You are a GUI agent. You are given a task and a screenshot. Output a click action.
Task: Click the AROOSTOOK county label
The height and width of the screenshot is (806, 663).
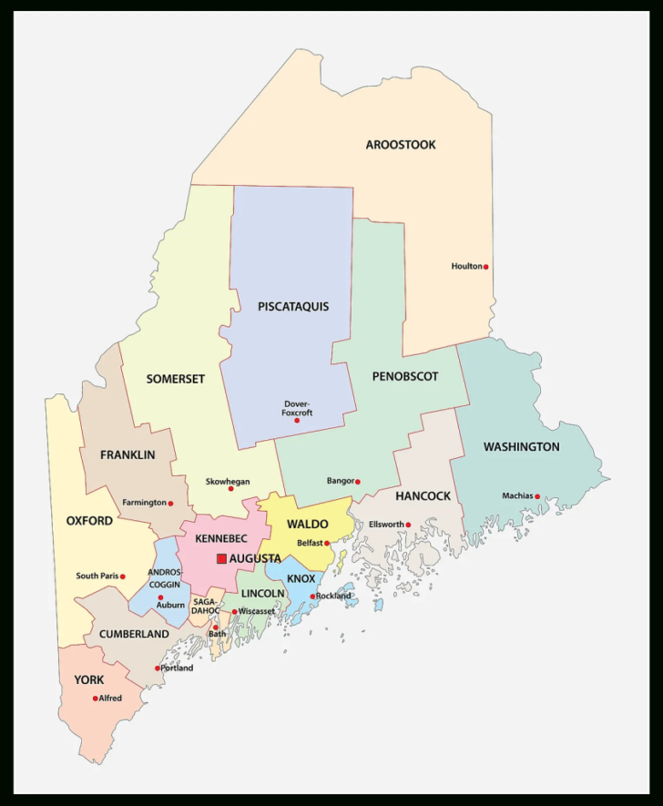pos(401,145)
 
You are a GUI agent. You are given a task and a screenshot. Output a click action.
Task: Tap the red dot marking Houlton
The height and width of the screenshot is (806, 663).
pos(486,267)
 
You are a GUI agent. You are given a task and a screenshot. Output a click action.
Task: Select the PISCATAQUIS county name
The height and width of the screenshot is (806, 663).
pos(293,307)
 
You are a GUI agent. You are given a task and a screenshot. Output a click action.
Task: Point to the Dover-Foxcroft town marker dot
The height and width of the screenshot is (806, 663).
pos(297,421)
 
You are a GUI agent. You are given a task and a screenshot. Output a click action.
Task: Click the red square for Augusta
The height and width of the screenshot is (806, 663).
pos(221,558)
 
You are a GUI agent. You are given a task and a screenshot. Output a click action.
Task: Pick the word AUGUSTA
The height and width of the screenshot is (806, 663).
pos(255,558)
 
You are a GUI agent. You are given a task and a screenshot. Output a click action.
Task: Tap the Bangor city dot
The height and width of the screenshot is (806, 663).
pos(358,482)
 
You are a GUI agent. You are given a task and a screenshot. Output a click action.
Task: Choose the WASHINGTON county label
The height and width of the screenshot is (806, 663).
pos(521,447)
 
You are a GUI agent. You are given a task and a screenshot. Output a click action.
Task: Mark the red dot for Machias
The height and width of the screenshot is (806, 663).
pos(537,496)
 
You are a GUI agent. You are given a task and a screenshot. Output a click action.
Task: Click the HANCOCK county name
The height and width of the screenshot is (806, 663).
pos(423,496)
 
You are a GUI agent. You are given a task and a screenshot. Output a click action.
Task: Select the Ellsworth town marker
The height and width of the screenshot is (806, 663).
pos(409,525)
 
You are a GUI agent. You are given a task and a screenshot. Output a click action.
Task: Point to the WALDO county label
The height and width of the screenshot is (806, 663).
pos(307,525)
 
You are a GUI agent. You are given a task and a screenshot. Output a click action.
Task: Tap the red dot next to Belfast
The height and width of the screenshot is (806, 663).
pos(327,543)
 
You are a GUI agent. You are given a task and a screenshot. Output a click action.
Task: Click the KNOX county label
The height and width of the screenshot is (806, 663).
pos(301,579)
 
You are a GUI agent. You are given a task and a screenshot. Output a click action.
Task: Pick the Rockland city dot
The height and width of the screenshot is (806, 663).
pos(313,597)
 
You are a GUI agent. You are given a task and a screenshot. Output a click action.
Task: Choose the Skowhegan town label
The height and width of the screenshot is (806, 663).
pos(228,481)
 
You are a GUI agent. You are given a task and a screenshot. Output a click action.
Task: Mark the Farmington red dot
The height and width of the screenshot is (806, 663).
pos(170,503)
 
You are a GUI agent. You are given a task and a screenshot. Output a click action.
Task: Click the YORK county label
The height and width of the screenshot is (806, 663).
pos(89,680)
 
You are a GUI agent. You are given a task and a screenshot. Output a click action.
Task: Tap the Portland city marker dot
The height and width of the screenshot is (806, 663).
pos(158,668)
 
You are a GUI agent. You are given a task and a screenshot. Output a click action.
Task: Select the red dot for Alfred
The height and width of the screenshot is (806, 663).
pos(96,699)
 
